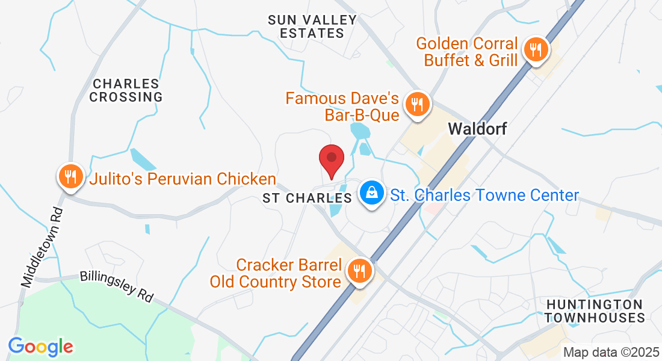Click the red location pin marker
[331, 160]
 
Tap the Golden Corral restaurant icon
[534, 49]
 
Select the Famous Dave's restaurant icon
[416, 104]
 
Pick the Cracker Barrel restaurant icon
[360, 271]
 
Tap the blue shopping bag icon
[373, 193]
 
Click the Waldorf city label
[477, 129]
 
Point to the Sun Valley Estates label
[312, 26]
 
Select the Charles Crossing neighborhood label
[126, 90]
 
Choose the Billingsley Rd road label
[116, 286]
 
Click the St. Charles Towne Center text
[484, 195]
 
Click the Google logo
[41, 346]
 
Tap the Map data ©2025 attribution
[610, 352]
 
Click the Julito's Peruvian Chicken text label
[183, 179]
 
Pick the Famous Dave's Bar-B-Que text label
[342, 106]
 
